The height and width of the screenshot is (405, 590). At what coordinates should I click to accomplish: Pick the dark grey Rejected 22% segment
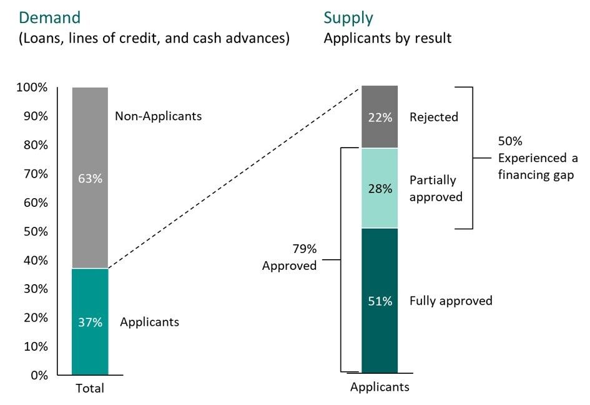[380, 117]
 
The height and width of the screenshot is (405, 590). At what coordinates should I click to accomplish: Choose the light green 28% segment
[380, 188]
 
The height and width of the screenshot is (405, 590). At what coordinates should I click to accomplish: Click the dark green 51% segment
[380, 301]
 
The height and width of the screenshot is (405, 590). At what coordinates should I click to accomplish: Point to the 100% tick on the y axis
[31, 88]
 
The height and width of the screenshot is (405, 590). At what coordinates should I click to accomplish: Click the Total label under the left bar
[90, 389]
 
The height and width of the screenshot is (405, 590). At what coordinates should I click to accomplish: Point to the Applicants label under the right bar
[380, 387]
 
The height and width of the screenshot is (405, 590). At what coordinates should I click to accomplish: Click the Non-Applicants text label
[158, 116]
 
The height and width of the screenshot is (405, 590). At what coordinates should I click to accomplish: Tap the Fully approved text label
[451, 301]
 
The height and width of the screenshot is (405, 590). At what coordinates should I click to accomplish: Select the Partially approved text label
[436, 188]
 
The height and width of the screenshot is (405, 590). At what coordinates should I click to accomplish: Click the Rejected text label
[434, 117]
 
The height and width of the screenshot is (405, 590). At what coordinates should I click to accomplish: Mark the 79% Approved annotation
[290, 257]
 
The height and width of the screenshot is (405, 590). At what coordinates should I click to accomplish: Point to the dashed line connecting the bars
[234, 178]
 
